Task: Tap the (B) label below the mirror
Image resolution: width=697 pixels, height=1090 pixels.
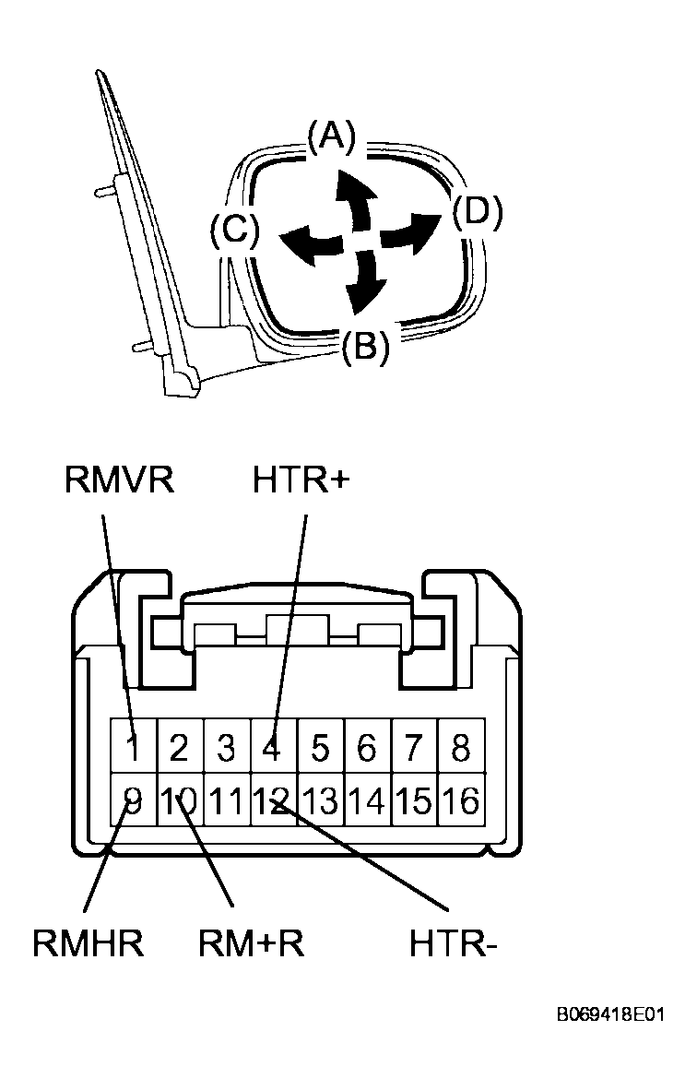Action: coord(366,345)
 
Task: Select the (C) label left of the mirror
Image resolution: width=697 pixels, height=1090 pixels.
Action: coord(235,229)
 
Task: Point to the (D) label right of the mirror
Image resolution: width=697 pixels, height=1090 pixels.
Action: coord(478,212)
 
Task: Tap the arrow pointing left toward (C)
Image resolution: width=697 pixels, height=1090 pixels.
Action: coord(313,243)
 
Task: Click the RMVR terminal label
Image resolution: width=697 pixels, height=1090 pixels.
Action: coord(120,480)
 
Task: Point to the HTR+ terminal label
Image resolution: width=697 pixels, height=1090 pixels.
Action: coord(301,480)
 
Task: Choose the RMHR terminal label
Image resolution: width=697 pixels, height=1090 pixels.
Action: coord(89,943)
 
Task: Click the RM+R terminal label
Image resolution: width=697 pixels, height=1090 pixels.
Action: coord(252,943)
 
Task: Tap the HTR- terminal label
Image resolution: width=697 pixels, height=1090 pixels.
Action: coord(453,943)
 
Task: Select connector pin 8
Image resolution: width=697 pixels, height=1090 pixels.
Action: coord(461,748)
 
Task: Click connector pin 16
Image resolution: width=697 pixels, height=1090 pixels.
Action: coord(461,800)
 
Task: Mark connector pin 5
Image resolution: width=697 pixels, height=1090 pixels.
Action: coord(320,748)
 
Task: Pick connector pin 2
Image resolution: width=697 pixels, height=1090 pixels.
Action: coord(179,748)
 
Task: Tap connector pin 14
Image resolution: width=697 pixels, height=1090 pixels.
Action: coord(367,800)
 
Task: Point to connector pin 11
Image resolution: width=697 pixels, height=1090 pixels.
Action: coord(226,800)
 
